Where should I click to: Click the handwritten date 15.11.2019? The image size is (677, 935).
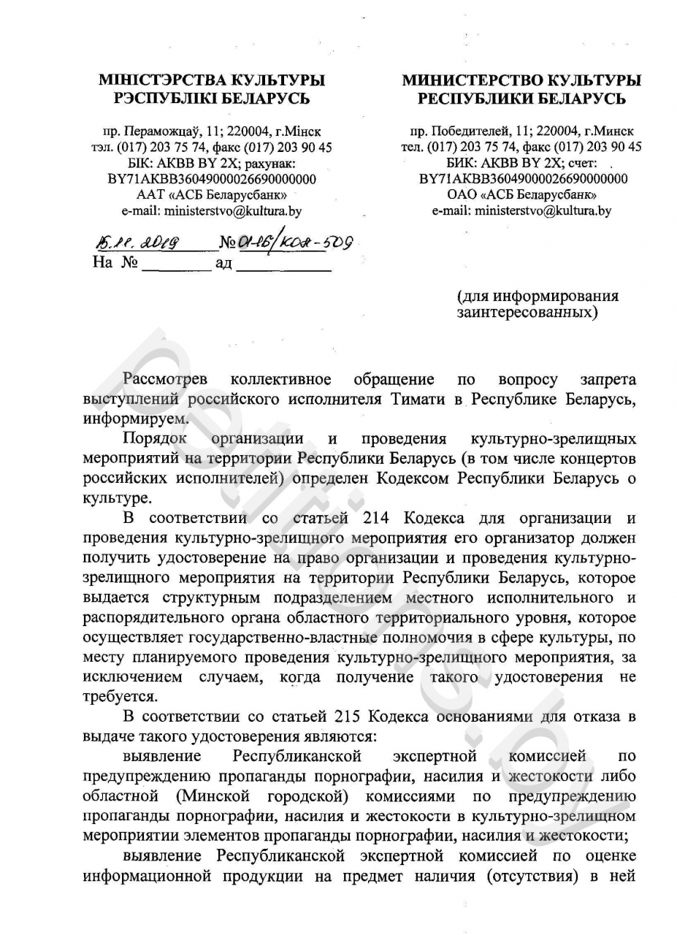(137, 243)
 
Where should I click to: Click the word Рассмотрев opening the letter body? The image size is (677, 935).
(166, 380)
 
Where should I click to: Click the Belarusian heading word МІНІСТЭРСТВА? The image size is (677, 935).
(156, 80)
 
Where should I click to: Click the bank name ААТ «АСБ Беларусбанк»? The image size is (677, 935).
(212, 195)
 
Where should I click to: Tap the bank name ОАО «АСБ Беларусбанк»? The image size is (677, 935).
(521, 195)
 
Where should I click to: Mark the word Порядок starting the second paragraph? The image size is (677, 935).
(155, 439)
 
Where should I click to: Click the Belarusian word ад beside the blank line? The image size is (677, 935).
(223, 263)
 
